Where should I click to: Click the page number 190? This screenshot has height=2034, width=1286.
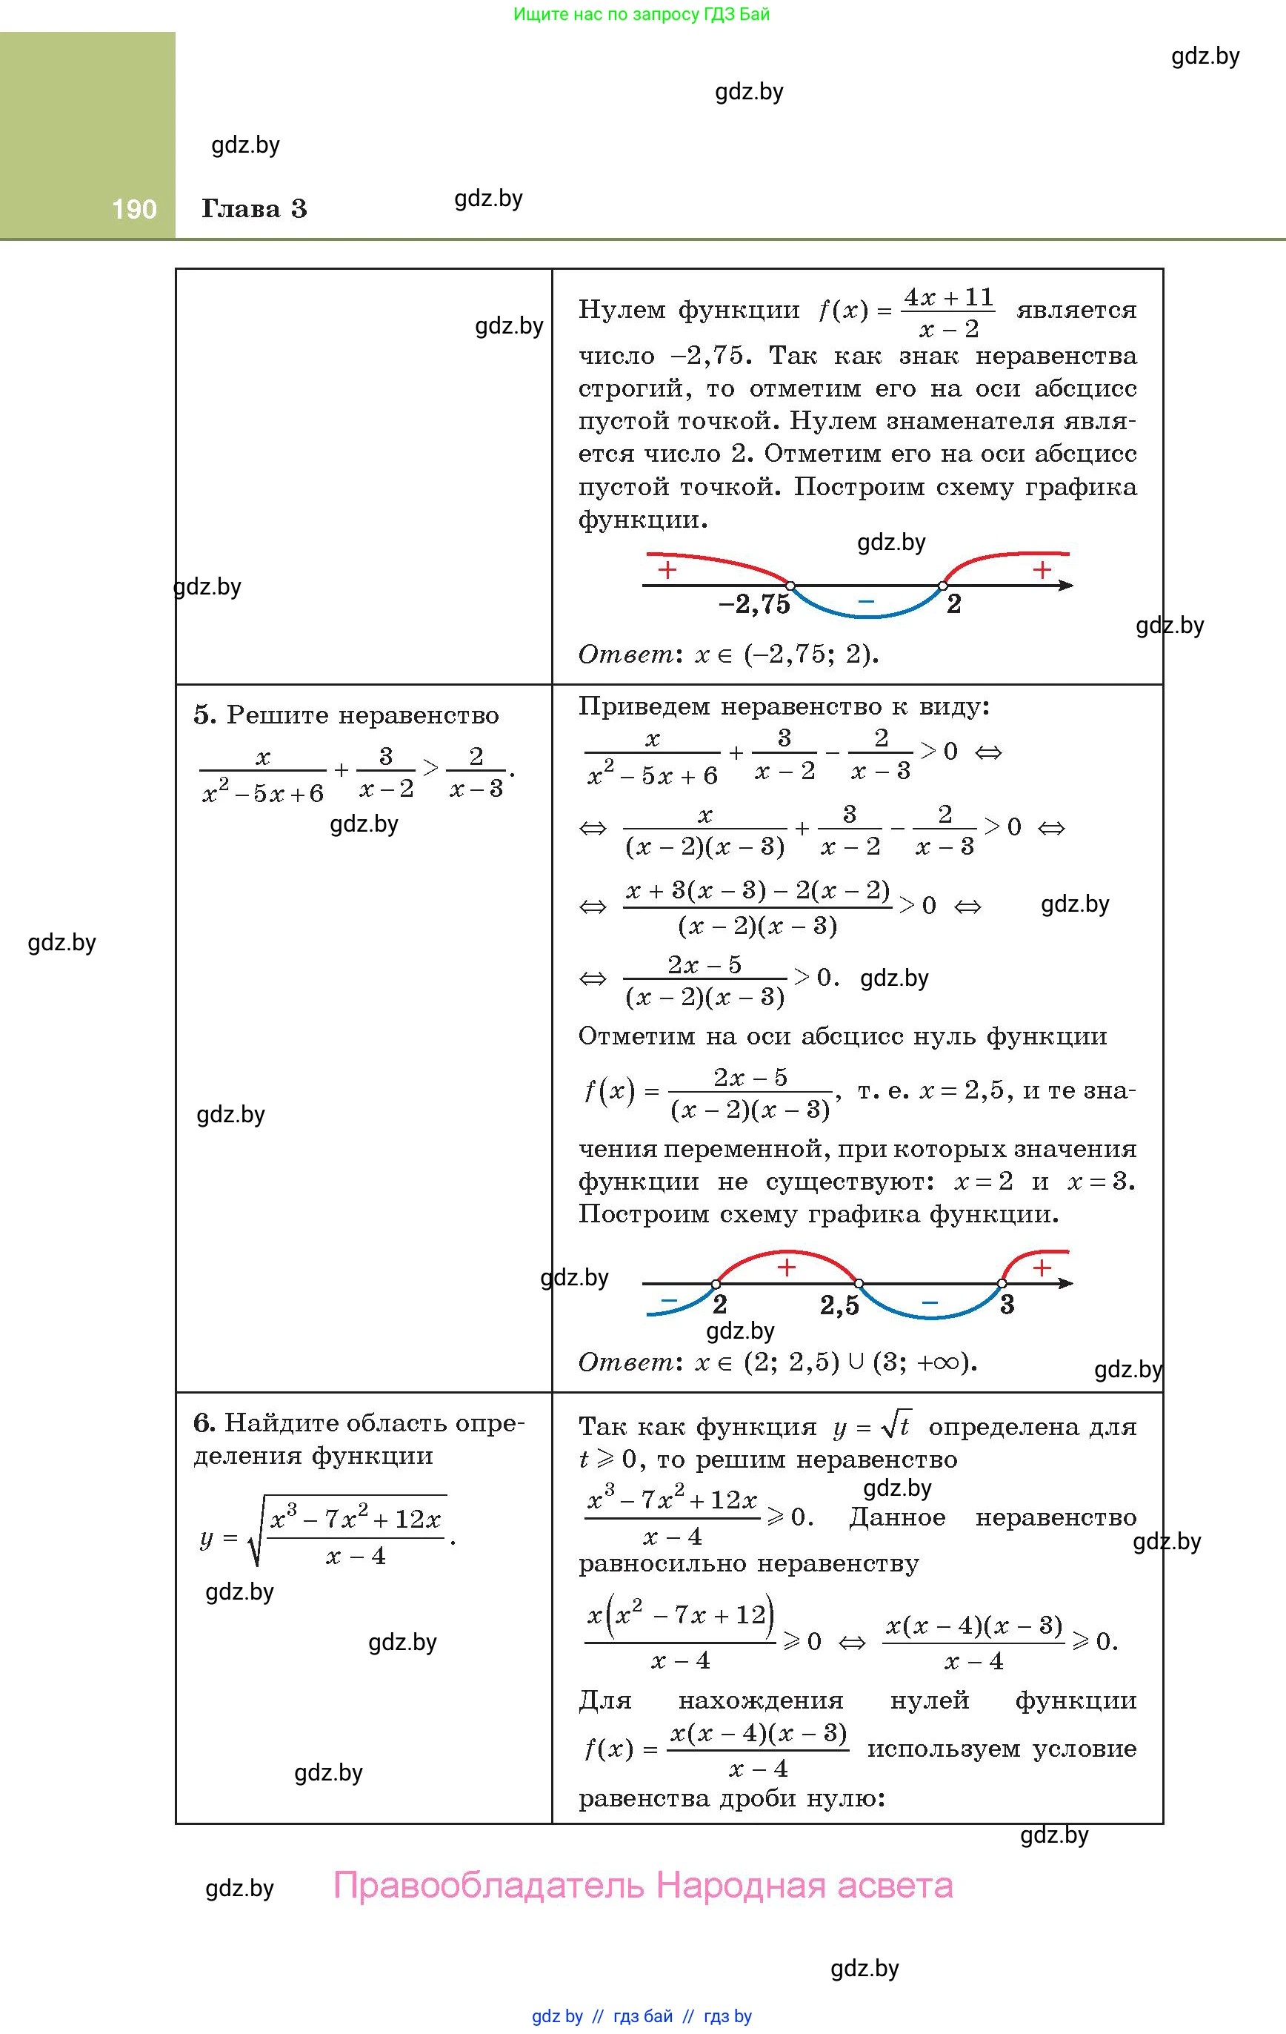coord(134,210)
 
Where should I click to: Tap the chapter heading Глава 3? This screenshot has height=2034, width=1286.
coord(254,210)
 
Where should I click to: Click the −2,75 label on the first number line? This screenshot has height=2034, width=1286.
coord(754,604)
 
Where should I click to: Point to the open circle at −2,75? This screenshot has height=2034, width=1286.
coord(790,585)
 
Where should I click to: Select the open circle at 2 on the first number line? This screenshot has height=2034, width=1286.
coord(944,585)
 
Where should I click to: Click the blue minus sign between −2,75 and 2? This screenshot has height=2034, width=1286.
coord(865,601)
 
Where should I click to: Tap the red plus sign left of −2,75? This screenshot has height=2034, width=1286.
coord(667,570)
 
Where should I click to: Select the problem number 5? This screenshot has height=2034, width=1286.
coord(204,715)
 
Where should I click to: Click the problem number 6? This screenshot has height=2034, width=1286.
coord(204,1423)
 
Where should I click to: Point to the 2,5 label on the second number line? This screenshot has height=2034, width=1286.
coord(839,1306)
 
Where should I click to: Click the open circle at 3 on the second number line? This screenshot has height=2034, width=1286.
coord(1002,1284)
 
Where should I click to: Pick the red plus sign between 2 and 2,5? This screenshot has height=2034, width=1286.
coord(786,1267)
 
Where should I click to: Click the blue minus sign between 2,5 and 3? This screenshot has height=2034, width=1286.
coord(930,1302)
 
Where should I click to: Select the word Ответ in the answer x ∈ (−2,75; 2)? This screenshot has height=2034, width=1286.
coord(624,655)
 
